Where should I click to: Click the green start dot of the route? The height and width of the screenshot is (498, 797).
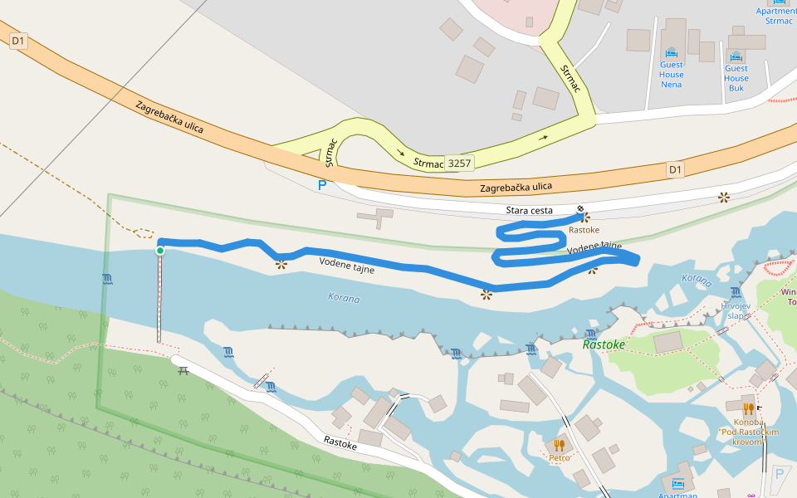pyautogui.click(x=159, y=250)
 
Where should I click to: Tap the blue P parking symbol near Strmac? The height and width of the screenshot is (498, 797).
pyautogui.click(x=322, y=185)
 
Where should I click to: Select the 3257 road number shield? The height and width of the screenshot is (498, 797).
pyautogui.click(x=459, y=163)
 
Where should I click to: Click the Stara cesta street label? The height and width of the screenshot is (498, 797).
pyautogui.click(x=529, y=211)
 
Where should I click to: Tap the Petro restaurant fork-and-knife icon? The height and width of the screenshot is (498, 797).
pyautogui.click(x=559, y=446)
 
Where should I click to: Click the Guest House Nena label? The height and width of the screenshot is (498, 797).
pyautogui.click(x=672, y=74)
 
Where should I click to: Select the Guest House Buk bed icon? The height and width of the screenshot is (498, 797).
pyautogui.click(x=736, y=53)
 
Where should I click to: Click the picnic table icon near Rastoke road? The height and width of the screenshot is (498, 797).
pyautogui.click(x=183, y=370)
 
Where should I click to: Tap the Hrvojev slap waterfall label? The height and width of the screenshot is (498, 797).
pyautogui.click(x=736, y=311)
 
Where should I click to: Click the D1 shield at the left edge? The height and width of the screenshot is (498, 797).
pyautogui.click(x=18, y=41)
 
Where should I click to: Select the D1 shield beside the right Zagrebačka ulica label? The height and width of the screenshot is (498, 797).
pyautogui.click(x=676, y=170)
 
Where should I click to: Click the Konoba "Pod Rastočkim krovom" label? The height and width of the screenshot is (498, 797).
pyautogui.click(x=749, y=432)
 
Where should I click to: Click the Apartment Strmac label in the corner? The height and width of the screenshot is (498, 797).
pyautogui.click(x=775, y=16)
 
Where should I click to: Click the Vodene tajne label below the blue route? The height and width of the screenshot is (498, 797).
pyautogui.click(x=346, y=266)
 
